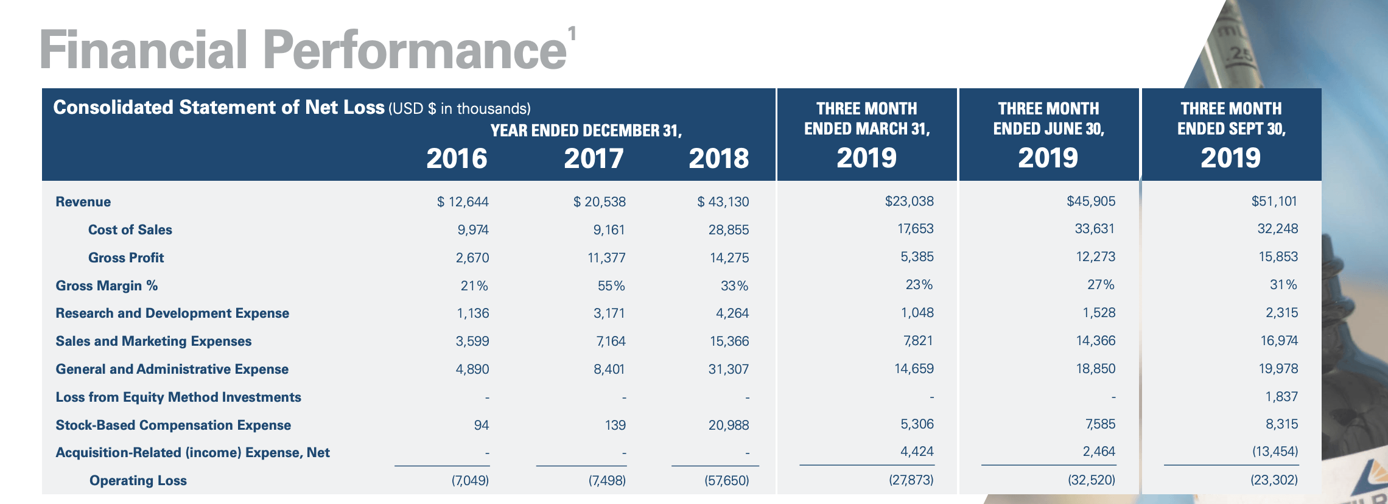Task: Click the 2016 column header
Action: click(x=457, y=158)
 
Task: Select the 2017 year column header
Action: click(x=594, y=158)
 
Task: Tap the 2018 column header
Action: click(x=719, y=158)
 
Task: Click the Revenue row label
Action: click(x=83, y=201)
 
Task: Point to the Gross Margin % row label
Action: click(x=107, y=285)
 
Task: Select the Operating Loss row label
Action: click(x=138, y=480)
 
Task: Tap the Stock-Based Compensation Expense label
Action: click(x=173, y=425)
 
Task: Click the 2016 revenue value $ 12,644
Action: click(x=463, y=201)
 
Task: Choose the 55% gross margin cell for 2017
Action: click(x=611, y=285)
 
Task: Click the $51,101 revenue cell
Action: click(x=1274, y=201)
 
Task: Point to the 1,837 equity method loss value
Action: click(x=1281, y=396)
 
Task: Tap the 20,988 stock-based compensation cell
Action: click(x=729, y=425)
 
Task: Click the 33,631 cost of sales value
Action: click(x=1095, y=228)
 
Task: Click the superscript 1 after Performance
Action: click(x=572, y=33)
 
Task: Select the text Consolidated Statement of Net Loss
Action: click(x=219, y=107)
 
